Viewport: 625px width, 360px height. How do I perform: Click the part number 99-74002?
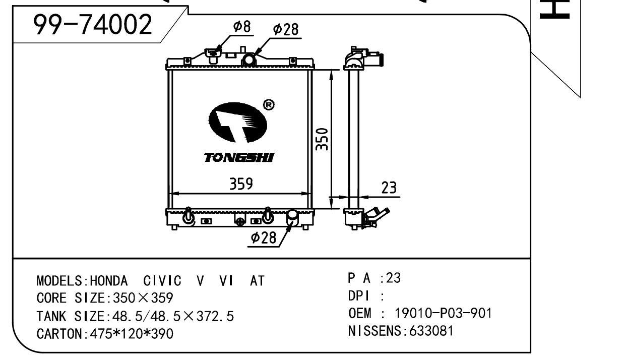click(92, 25)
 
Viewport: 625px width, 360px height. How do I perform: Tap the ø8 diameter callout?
click(241, 27)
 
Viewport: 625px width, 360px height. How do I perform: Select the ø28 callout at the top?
click(285, 30)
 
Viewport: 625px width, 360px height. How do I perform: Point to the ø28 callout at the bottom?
click(264, 238)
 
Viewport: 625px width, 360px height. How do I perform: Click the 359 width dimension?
click(241, 184)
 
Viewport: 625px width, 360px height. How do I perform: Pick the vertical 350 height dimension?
click(323, 138)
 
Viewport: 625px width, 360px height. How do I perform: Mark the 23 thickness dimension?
click(389, 188)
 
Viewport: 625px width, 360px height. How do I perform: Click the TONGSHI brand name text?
click(239, 158)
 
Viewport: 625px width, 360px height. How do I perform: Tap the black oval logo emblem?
click(237, 122)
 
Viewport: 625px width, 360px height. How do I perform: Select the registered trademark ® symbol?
click(269, 104)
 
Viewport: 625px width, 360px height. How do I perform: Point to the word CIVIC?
click(164, 281)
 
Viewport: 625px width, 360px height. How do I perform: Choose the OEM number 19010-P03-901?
click(443, 314)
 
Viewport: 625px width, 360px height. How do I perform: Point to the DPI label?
click(359, 296)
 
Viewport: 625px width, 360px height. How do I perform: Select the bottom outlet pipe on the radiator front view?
click(292, 217)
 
